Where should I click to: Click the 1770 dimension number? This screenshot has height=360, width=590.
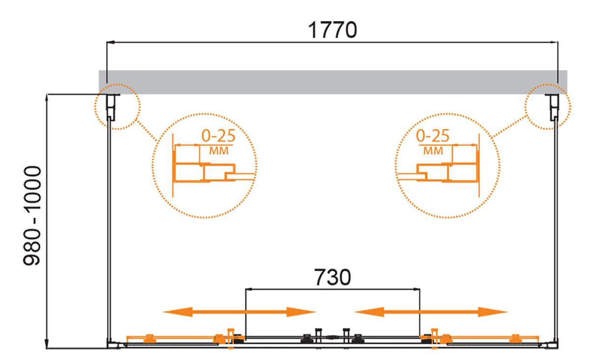pyautogui.click(x=332, y=30)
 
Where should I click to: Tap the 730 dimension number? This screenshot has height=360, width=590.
pyautogui.click(x=332, y=277)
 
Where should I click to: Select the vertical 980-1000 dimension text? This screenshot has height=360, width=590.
pyautogui.click(x=32, y=215)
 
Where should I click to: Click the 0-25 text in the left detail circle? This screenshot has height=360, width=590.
pyautogui.click(x=218, y=136)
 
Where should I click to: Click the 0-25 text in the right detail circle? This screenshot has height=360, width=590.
pyautogui.click(x=433, y=136)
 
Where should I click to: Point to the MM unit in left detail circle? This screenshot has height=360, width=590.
pyautogui.click(x=219, y=151)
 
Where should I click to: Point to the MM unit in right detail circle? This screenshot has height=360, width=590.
pyautogui.click(x=433, y=151)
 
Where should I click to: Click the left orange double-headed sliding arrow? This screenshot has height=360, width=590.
pyautogui.click(x=239, y=312)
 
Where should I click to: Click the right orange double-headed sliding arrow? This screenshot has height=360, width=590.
pyautogui.click(x=431, y=312)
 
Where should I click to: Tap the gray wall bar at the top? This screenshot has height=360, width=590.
pyautogui.click(x=333, y=82)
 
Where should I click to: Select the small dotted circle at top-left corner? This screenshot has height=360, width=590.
pyautogui.click(x=118, y=107)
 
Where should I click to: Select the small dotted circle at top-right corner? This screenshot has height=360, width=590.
pyautogui.click(x=548, y=107)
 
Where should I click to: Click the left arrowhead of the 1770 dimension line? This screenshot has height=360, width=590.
pyautogui.click(x=110, y=42)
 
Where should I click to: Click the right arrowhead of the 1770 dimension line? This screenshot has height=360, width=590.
pyautogui.click(x=555, y=42)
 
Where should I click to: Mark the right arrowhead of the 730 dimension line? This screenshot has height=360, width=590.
pyautogui.click(x=416, y=289)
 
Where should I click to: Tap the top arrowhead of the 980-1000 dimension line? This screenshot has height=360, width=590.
pyautogui.click(x=47, y=98)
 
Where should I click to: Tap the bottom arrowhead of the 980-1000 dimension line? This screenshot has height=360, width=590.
pyautogui.click(x=47, y=344)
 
